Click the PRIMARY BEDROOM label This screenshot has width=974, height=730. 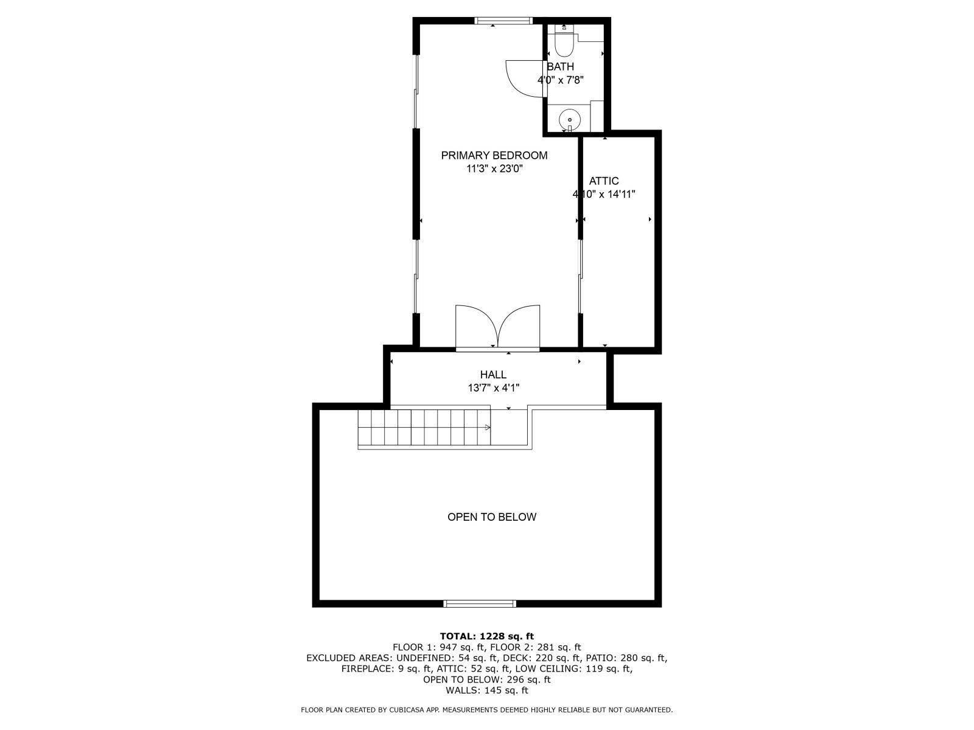494,155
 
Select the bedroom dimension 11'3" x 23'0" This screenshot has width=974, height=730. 494,169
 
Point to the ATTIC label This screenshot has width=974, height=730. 604,181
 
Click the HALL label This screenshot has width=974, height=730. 493,375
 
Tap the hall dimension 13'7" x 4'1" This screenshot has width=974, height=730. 493,388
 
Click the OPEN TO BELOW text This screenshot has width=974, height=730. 492,517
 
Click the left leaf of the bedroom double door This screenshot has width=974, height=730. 476,325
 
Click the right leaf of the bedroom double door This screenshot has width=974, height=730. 519,325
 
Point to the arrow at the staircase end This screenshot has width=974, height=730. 487,428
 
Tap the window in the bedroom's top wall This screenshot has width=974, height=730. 503,21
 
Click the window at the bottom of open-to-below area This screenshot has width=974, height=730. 480,603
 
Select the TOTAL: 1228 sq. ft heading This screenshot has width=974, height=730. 487,636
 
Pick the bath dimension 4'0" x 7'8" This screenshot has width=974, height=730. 561,80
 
